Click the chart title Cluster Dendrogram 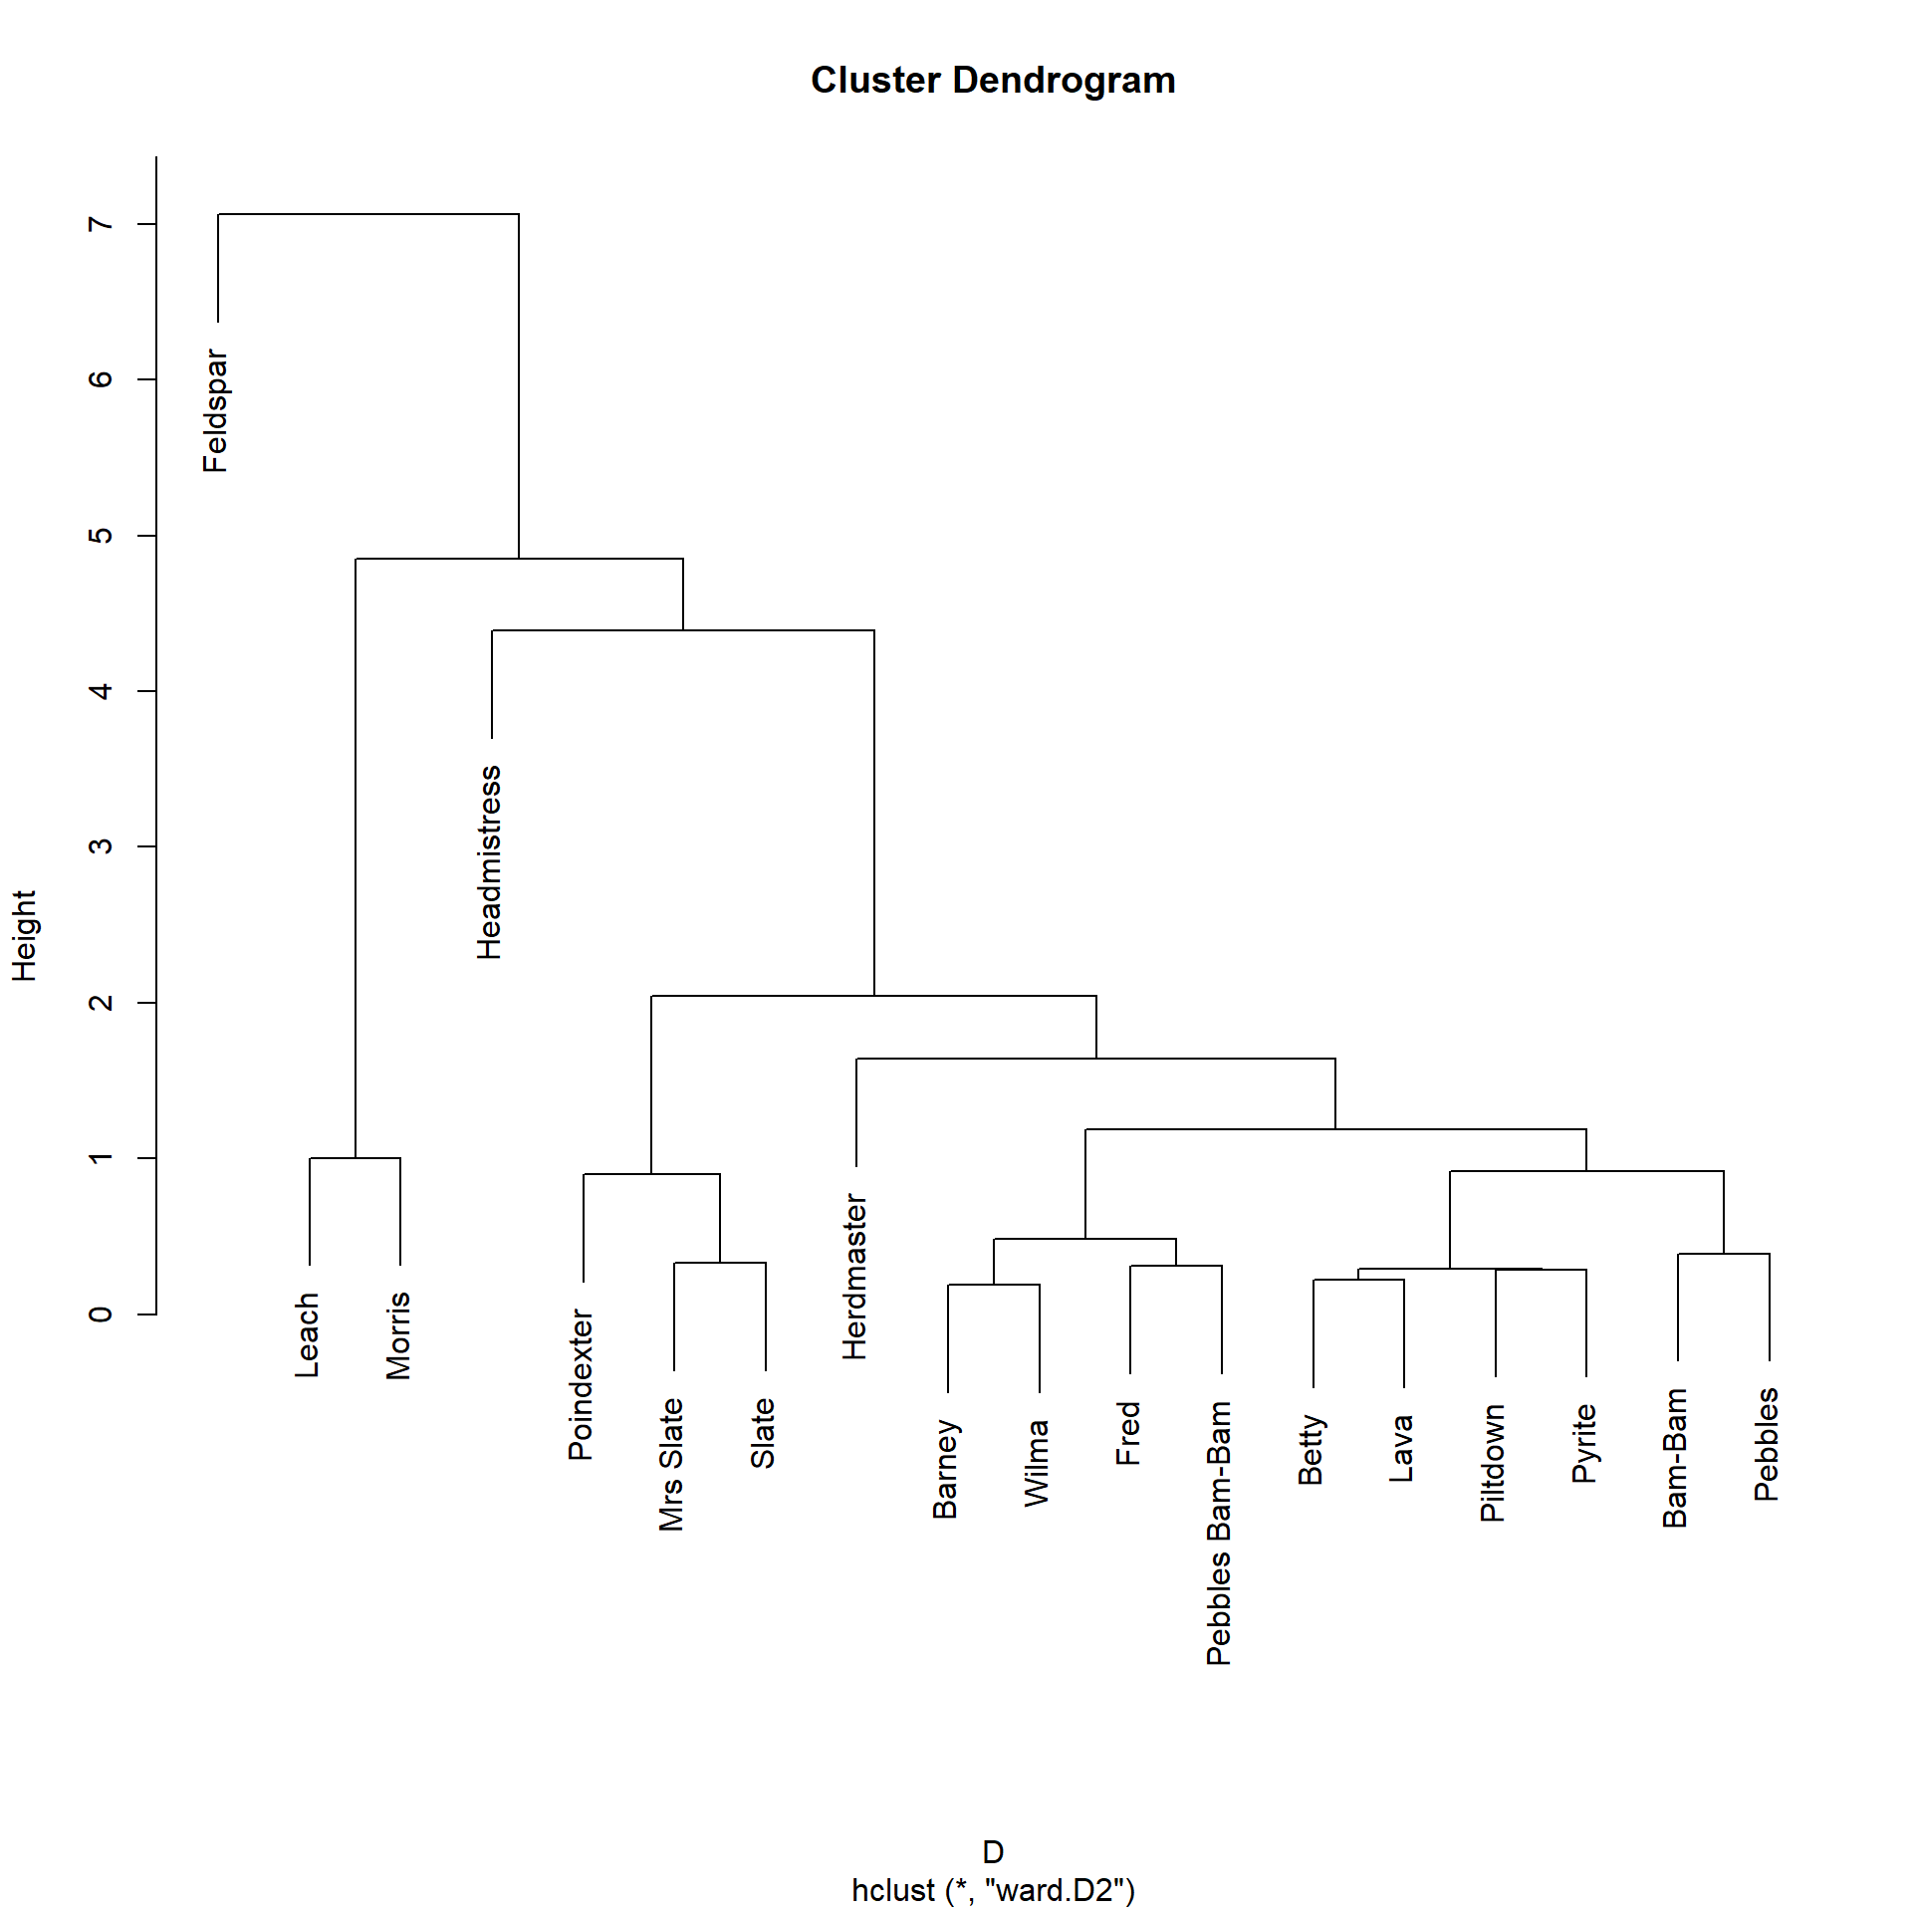(x=993, y=81)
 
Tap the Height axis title (x=24, y=936)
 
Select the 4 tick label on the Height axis (x=100, y=691)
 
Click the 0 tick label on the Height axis (x=100, y=1314)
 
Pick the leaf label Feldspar (x=215, y=410)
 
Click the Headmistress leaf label (x=489, y=862)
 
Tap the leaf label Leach (x=307, y=1335)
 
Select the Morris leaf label (x=398, y=1335)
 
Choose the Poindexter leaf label (x=581, y=1385)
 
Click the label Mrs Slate (x=671, y=1465)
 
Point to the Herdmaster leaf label (x=854, y=1277)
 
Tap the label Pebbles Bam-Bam (x=1219, y=1534)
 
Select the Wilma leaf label (x=1037, y=1463)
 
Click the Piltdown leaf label (x=1493, y=1463)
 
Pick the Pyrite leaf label (x=1583, y=1443)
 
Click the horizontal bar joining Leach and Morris (x=355, y=1158)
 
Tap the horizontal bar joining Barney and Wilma (x=993, y=1285)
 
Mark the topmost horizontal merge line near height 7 (x=368, y=214)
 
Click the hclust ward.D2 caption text (x=993, y=1890)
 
